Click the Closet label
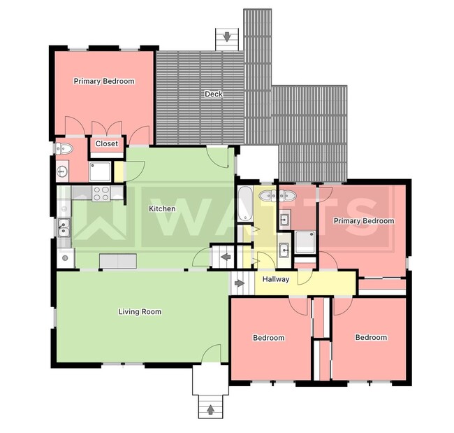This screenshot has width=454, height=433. click(x=107, y=143)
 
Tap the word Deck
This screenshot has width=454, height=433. click(x=213, y=94)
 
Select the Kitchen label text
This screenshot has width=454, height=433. click(x=162, y=208)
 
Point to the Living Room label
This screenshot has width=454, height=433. click(x=140, y=311)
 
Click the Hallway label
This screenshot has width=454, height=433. click(x=276, y=279)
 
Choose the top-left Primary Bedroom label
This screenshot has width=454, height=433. click(x=104, y=81)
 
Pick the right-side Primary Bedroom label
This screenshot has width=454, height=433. click(x=363, y=221)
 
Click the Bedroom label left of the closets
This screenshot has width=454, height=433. click(x=268, y=338)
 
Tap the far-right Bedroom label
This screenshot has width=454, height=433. click(x=371, y=337)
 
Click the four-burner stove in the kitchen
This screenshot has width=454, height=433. click(x=101, y=193)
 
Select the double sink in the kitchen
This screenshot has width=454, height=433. click(x=63, y=226)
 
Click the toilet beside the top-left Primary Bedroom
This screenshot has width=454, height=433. click(x=64, y=148)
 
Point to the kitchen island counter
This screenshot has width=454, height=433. click(x=117, y=261)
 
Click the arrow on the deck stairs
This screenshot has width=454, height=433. click(x=227, y=36)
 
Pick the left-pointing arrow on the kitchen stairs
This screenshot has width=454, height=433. click(x=226, y=258)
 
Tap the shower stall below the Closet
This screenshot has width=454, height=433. click(x=100, y=169)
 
